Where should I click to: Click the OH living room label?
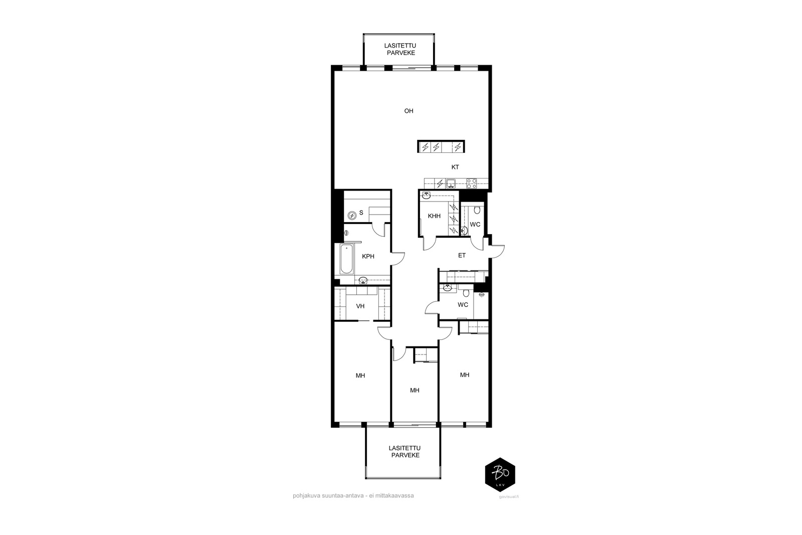(x=409, y=111)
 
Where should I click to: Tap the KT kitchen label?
(x=455, y=167)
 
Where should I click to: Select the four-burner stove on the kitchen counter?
(x=472, y=184)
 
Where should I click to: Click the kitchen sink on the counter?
(x=451, y=184)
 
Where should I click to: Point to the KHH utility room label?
(x=434, y=216)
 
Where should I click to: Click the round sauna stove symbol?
(x=352, y=216)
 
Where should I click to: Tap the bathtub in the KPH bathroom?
(x=346, y=259)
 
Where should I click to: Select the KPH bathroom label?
(x=368, y=256)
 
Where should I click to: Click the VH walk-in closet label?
(x=360, y=306)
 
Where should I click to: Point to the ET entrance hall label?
(x=462, y=256)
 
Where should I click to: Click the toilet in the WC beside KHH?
(x=477, y=210)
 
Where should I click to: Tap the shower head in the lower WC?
(x=482, y=295)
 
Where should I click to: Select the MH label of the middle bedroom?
(x=415, y=390)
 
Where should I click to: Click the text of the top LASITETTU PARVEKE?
(x=400, y=50)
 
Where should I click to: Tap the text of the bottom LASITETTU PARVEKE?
(x=405, y=452)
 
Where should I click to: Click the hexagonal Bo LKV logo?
(x=500, y=474)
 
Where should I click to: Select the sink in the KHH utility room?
(x=426, y=195)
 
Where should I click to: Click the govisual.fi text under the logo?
(x=509, y=497)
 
